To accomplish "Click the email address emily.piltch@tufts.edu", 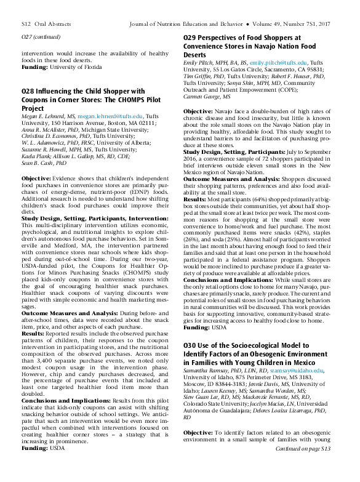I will coord(278,63).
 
